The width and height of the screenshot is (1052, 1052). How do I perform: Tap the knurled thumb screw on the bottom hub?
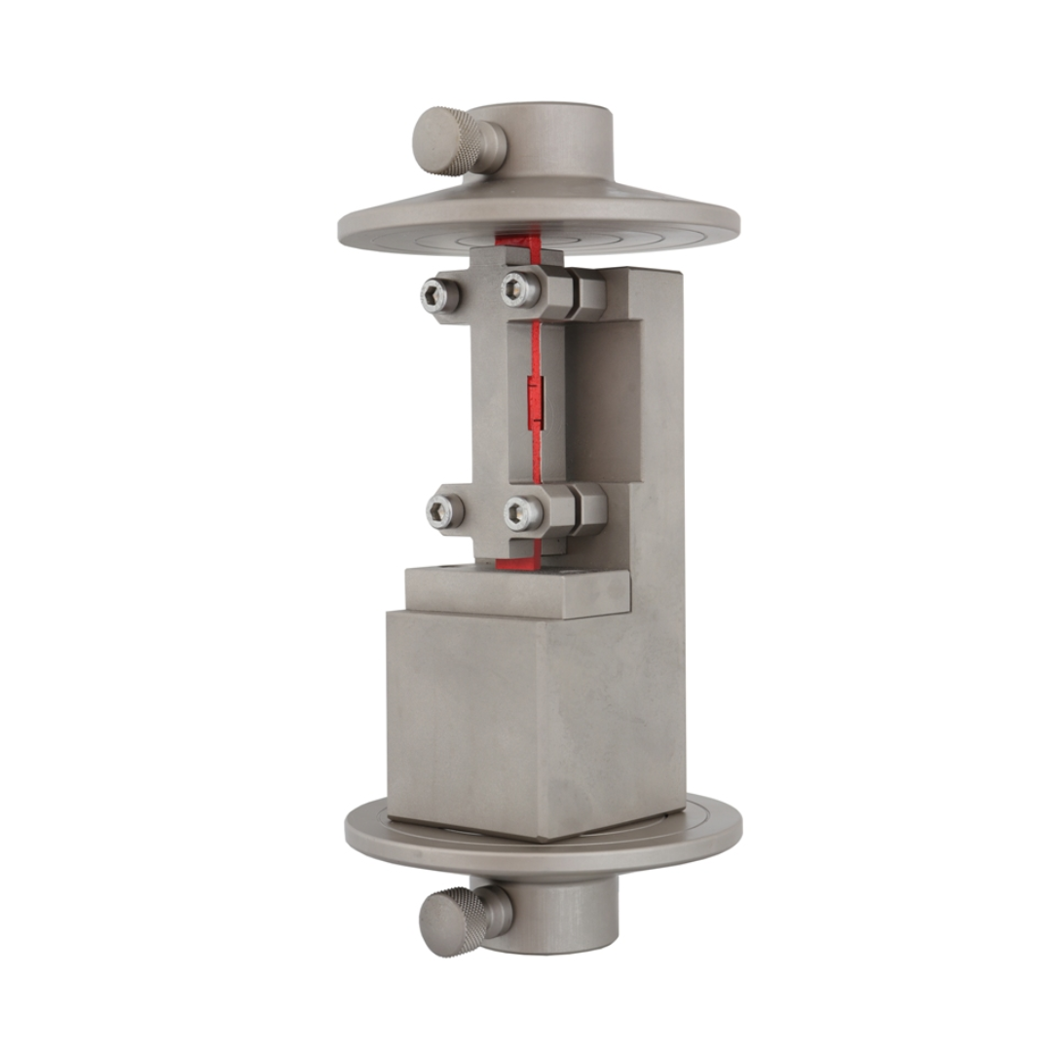(x=454, y=920)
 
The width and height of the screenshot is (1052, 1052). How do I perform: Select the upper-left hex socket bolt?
(x=437, y=295)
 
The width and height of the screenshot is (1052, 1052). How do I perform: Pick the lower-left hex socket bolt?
(x=443, y=509)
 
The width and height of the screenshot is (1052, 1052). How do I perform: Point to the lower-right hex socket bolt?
(x=522, y=511)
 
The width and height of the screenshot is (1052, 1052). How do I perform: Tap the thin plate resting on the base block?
(x=516, y=590)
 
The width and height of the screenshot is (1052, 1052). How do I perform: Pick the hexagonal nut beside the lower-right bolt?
(x=584, y=508)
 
